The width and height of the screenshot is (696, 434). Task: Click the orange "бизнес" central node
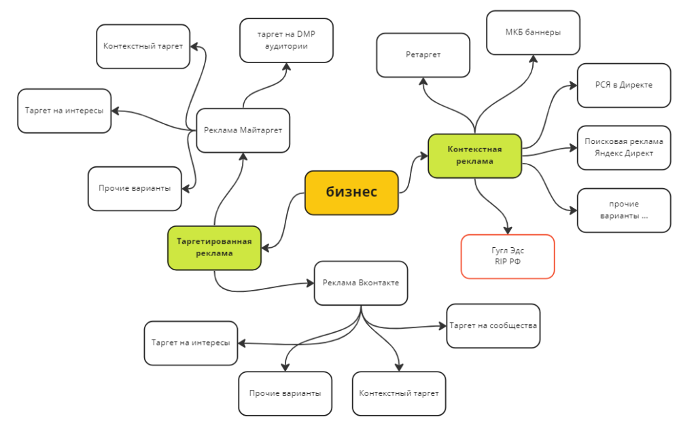351,193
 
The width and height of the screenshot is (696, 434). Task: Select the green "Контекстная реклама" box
474,156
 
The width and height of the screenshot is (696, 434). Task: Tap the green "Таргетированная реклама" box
214,247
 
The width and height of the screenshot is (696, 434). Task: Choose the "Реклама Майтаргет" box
243,130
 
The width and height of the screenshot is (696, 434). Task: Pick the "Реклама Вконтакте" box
360,283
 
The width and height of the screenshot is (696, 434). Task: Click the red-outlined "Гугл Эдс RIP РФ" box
507,256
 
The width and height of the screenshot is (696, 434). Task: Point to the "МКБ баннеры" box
533,32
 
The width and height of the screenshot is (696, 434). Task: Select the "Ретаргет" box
423,54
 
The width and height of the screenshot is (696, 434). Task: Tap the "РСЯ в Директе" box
623,85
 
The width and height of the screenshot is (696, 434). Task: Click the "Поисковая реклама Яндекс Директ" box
623,147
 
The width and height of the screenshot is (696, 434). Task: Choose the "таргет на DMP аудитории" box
286,40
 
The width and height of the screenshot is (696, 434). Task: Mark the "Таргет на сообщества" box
493,325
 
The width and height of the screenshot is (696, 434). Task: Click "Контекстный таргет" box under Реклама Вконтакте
398,393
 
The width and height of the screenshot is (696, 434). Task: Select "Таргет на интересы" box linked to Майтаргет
64,111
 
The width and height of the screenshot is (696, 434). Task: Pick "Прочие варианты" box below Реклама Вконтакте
285,393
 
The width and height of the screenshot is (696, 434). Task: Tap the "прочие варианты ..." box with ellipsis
623,210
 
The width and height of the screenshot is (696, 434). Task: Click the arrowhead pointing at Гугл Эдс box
507,230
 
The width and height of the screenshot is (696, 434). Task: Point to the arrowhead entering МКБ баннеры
533,59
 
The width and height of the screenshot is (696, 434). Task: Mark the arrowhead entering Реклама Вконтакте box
309,283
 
